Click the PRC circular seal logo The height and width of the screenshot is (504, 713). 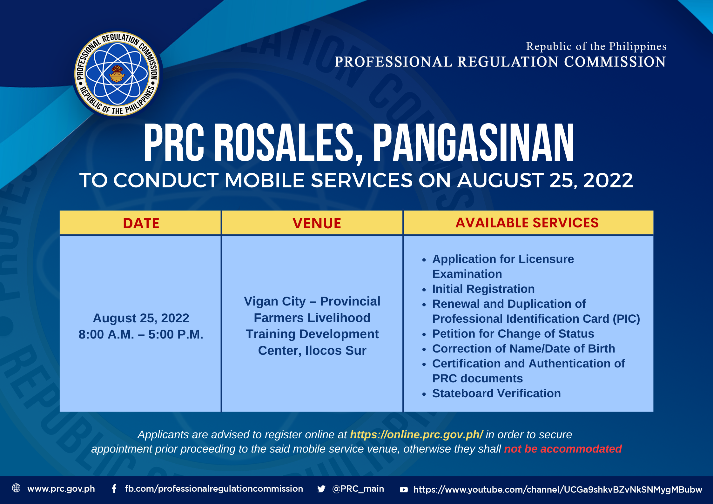coord(117,74)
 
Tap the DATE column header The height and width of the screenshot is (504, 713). coord(141,223)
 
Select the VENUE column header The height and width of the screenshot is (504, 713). coord(317,223)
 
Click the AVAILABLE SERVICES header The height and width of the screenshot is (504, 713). coord(527,223)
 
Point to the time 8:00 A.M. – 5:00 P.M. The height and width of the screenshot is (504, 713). coord(141,334)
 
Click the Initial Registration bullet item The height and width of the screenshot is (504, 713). coord(483,289)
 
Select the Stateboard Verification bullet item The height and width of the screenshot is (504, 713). coord(496,393)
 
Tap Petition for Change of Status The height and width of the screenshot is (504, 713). coord(513,334)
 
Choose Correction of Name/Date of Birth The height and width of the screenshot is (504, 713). coord(523,349)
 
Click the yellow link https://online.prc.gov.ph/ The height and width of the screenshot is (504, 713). coord(416,434)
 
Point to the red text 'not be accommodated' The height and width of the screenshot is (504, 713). coord(563,449)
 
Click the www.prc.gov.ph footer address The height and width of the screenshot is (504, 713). coord(61,489)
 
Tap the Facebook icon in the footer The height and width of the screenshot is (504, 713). coord(114,488)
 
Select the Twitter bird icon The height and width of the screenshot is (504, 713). coord(321,489)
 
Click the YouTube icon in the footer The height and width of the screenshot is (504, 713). coord(404,489)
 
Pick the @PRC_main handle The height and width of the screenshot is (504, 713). coord(358,488)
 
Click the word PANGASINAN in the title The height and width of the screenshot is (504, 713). coord(474,143)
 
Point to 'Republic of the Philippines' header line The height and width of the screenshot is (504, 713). coord(596,46)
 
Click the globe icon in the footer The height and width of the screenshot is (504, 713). coord(16,488)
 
